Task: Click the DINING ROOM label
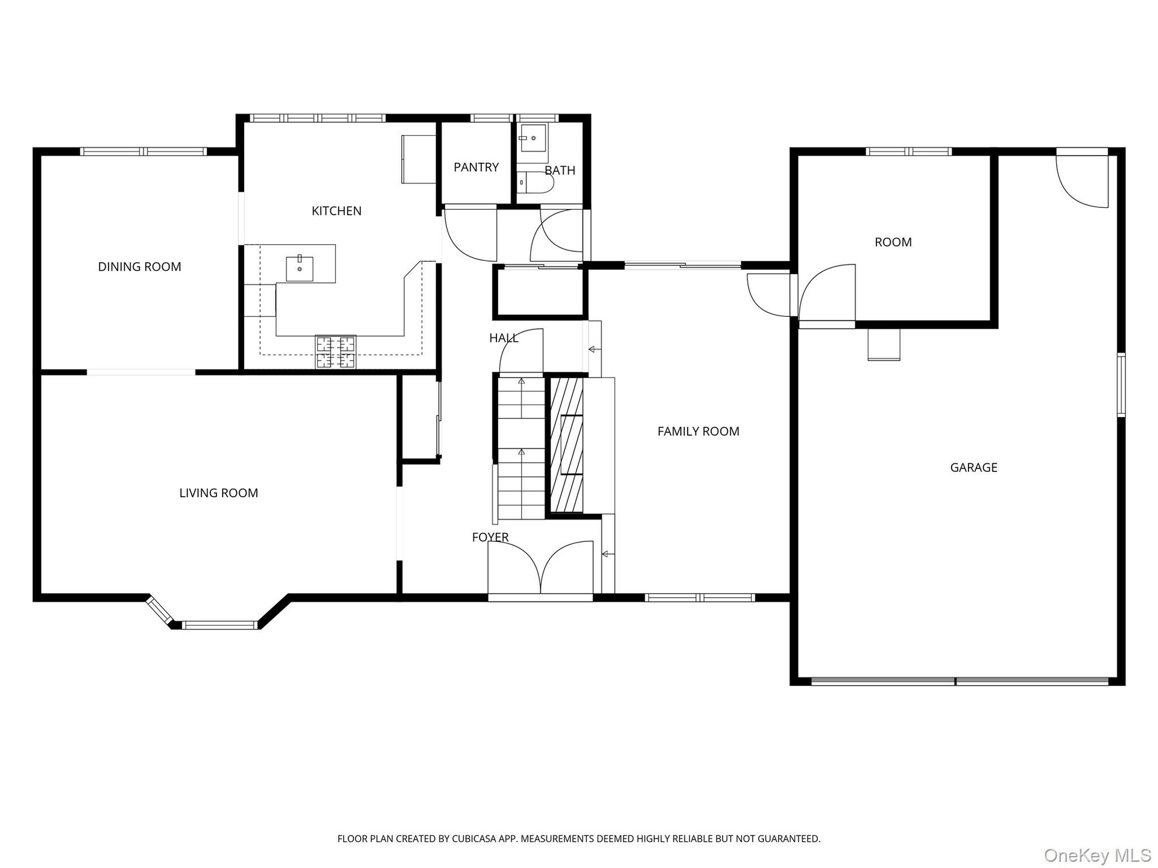[139, 266]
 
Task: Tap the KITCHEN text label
[337, 211]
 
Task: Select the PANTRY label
[476, 167]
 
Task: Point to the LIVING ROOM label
[218, 493]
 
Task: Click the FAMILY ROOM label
[698, 432]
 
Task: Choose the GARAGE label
[973, 467]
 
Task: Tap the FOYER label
[490, 537]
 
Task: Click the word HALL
[504, 338]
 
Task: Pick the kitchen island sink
[300, 268]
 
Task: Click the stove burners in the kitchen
[336, 352]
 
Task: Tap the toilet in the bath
[536, 182]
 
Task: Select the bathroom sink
[533, 138]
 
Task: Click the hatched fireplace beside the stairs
[567, 445]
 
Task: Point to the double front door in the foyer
[540, 567]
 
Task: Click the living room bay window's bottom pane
[220, 625]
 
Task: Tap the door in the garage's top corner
[1082, 178]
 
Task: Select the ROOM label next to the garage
[893, 242]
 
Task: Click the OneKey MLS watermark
[1098, 855]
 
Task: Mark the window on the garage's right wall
[1121, 385]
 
